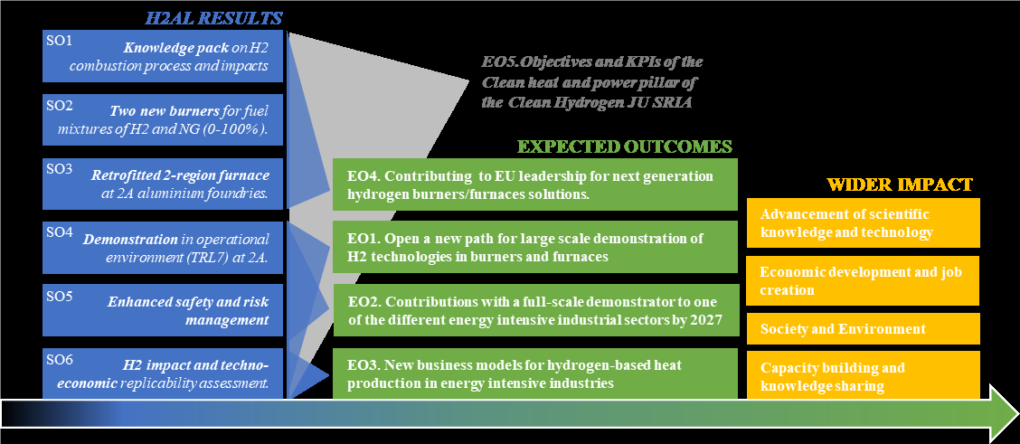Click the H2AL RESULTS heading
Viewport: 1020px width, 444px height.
coord(213,18)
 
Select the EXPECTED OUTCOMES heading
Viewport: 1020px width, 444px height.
coord(625,146)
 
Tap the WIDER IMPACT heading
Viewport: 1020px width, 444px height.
coord(900,184)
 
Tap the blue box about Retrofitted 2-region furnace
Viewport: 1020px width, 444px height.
coord(163,184)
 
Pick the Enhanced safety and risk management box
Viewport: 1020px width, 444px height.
coord(163,309)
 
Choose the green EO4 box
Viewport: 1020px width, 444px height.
coord(534,184)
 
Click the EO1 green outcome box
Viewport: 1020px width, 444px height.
coord(534,247)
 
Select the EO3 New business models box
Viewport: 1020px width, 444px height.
coord(534,373)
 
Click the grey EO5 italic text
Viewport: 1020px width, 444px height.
coord(592,82)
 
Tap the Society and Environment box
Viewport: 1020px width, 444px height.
coord(863,329)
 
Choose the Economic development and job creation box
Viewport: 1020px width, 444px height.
coord(863,280)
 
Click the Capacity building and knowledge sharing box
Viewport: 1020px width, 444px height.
coord(863,375)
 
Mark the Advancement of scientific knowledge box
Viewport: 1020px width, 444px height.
coord(863,223)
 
